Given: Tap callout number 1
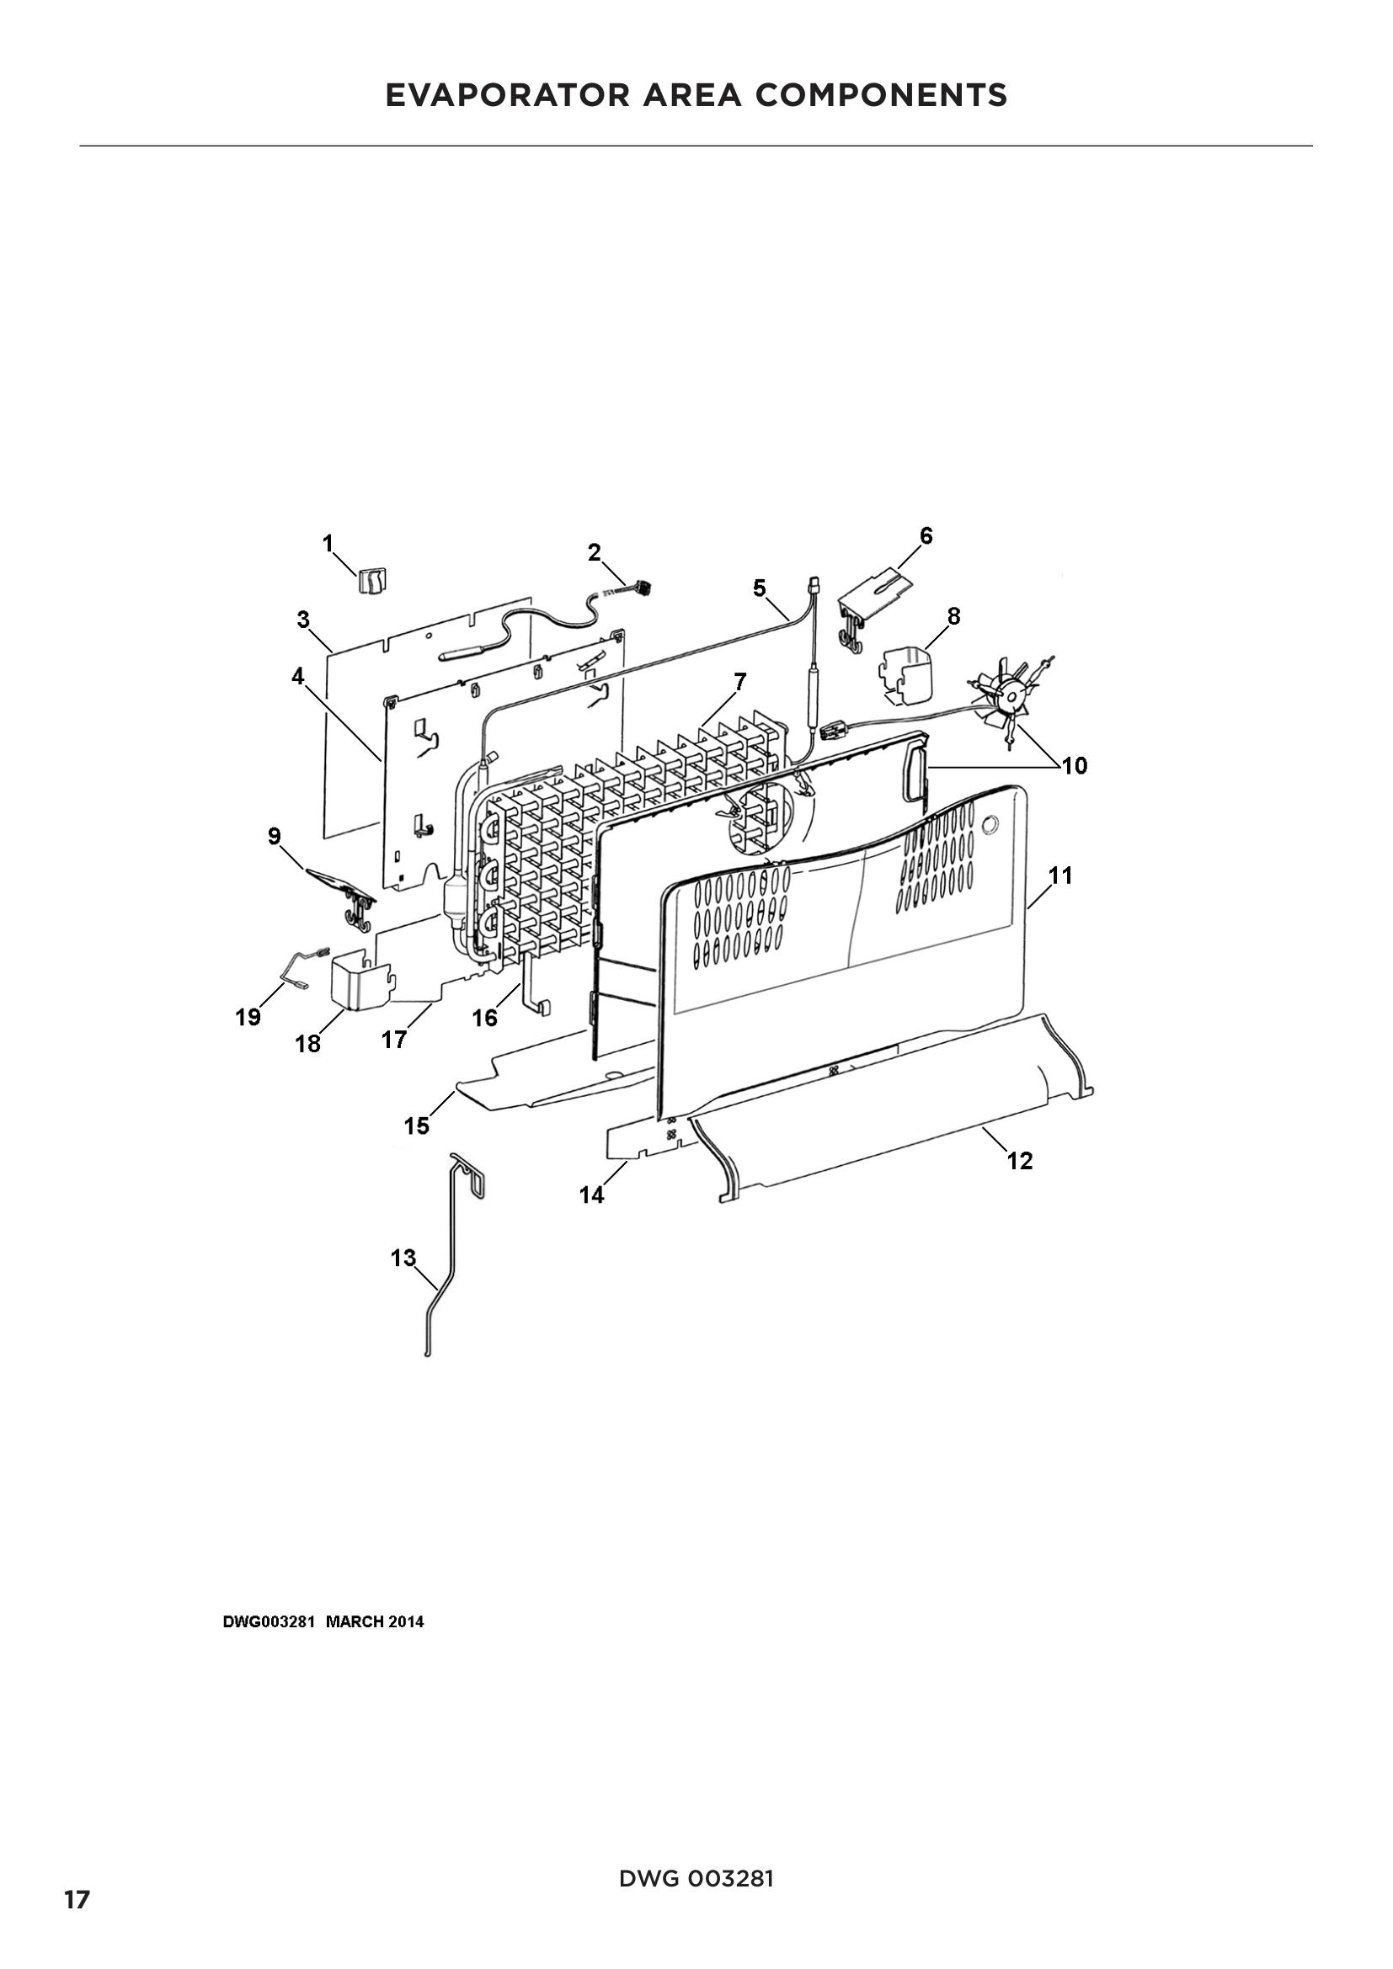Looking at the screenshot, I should point(328,543).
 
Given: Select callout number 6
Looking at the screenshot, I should point(926,536).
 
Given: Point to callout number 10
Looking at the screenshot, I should point(1074,766).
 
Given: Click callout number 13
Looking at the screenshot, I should point(403,1258).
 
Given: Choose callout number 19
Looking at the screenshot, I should point(248,1017).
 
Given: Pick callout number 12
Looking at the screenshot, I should point(1020,1160).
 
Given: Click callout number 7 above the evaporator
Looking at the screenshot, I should point(739,682).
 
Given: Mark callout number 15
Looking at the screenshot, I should point(417,1126).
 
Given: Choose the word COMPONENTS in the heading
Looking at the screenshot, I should point(881,95).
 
